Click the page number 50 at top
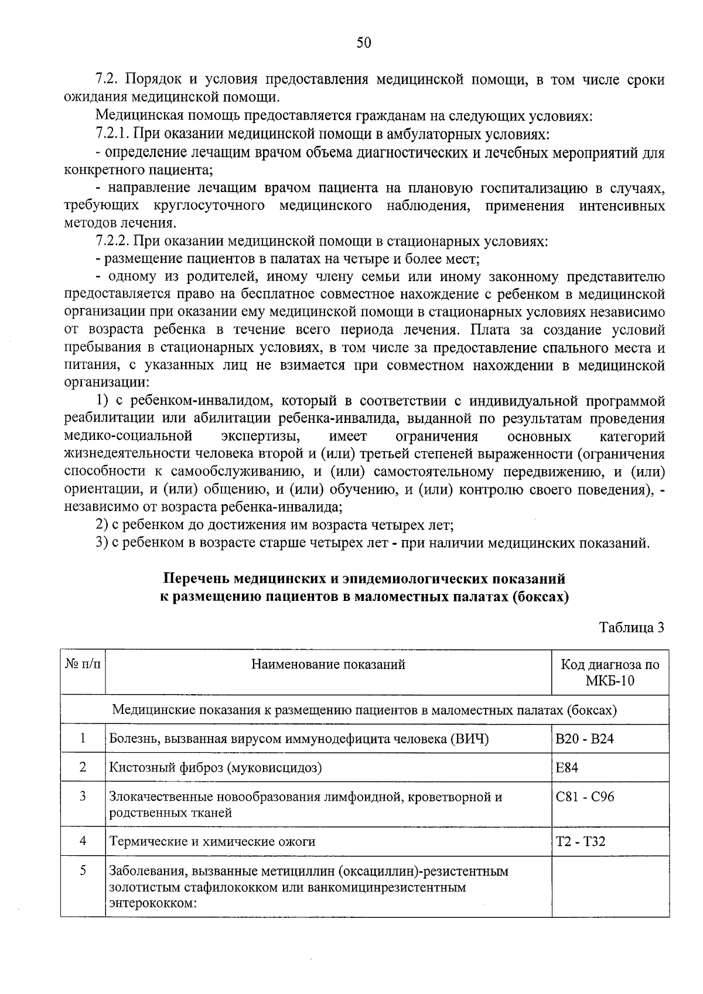(x=363, y=43)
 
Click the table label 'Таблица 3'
(x=632, y=627)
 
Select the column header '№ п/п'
(x=83, y=664)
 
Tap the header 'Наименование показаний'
(x=328, y=664)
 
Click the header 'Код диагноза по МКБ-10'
(x=610, y=672)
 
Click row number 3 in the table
(x=83, y=796)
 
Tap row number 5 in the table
(x=83, y=871)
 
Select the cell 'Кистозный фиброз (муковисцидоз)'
(x=216, y=767)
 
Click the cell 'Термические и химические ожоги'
(x=212, y=842)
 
